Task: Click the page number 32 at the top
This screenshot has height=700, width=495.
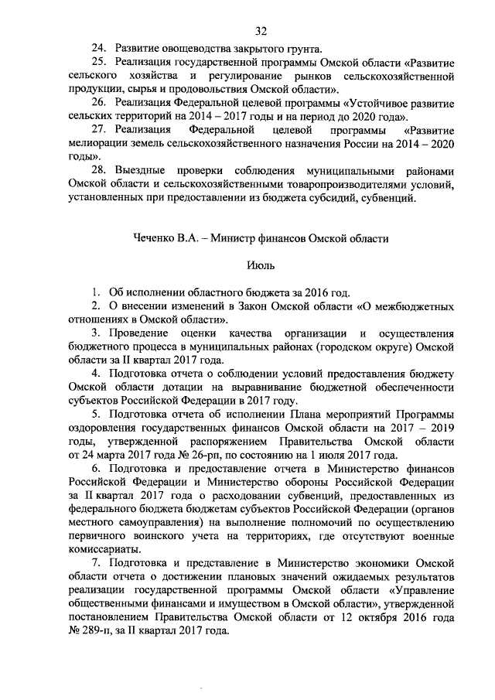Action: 261,30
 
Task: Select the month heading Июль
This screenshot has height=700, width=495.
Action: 261,265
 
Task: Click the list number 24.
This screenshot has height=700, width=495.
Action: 99,50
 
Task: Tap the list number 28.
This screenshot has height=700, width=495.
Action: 99,171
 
